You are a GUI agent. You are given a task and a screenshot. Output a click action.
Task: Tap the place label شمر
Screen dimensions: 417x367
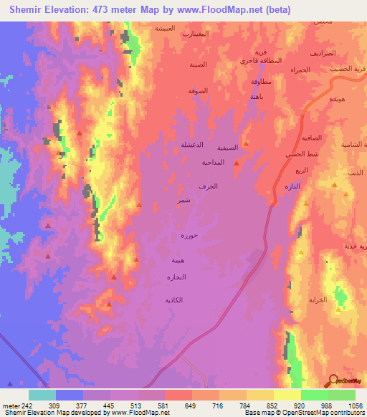tap(184, 202)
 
